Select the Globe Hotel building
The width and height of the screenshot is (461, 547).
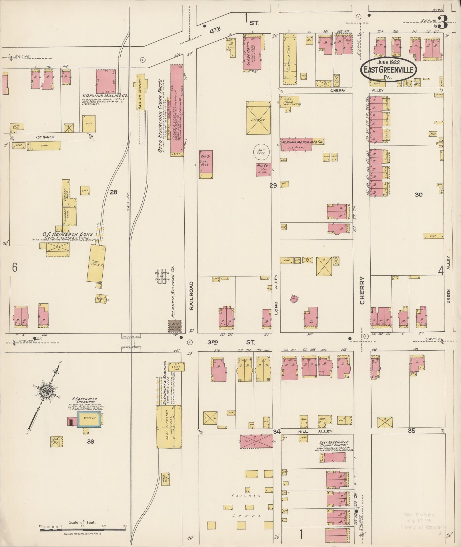[253, 52]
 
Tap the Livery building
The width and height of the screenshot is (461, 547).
[258, 118]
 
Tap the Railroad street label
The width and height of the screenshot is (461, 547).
[191, 296]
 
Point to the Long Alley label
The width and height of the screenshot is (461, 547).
[276, 295]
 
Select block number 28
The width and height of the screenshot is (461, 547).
[113, 192]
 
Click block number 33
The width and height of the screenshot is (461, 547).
[91, 441]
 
